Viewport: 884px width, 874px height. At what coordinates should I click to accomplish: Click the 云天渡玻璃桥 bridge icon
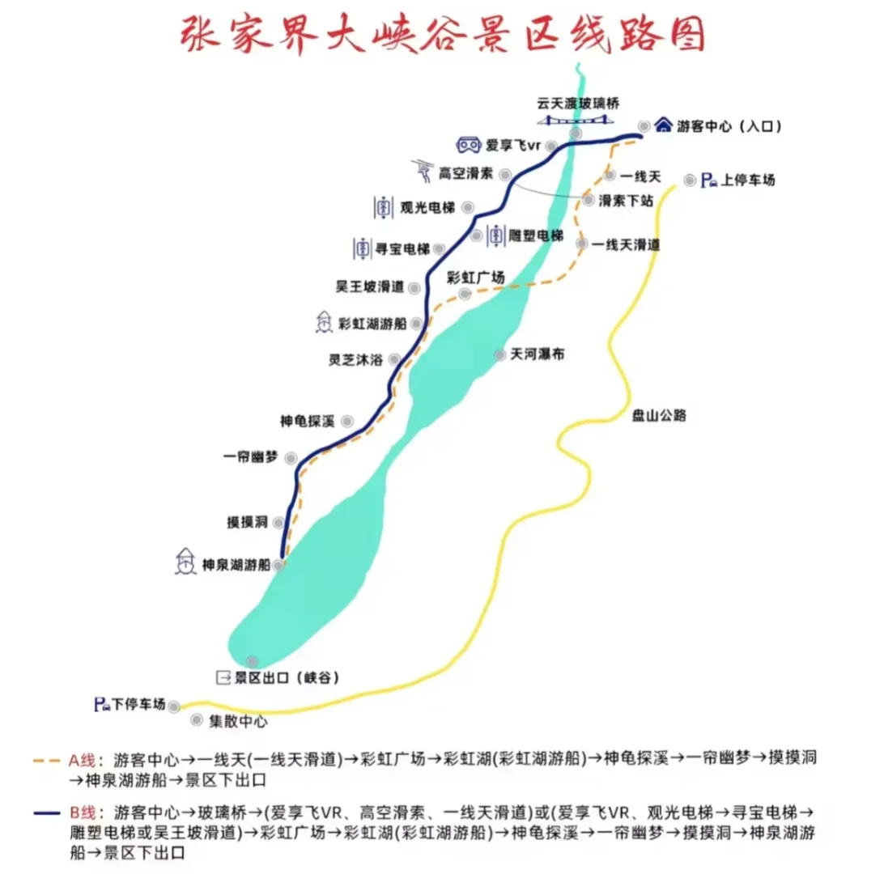[x=576, y=120]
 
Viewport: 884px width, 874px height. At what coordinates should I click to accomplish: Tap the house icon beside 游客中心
[x=664, y=125]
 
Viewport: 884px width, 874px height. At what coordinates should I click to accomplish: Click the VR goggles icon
[x=468, y=146]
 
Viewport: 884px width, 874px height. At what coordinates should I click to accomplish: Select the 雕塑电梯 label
[x=536, y=236]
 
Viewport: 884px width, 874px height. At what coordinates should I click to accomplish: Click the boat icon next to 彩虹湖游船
[x=323, y=323]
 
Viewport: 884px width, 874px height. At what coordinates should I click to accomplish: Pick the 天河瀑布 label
[x=538, y=355]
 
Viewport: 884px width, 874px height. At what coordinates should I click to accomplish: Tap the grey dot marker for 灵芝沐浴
[x=394, y=360]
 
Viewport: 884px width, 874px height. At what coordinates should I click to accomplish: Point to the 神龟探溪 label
[x=306, y=422]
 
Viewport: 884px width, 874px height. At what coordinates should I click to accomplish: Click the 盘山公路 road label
[x=659, y=416]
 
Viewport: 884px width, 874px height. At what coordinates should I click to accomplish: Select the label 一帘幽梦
[x=251, y=457]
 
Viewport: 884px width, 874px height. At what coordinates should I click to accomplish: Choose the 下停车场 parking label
[x=138, y=705]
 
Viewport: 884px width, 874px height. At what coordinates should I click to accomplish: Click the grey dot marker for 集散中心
[x=197, y=719]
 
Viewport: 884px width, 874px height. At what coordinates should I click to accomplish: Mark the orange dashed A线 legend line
[x=49, y=762]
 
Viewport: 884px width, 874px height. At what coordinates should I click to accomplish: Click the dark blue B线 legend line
[x=49, y=812]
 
